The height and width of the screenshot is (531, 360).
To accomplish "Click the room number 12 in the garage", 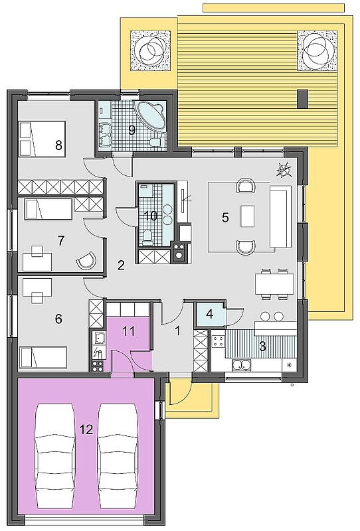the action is pyautogui.click(x=86, y=429).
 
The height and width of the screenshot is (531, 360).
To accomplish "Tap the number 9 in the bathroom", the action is pyautogui.click(x=132, y=129).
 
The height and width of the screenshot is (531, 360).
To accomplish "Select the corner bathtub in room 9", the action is pyautogui.click(x=152, y=115).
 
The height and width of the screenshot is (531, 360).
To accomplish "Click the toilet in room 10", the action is pyautogui.click(x=147, y=237).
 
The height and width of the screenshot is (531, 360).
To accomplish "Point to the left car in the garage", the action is pyautogui.click(x=55, y=455).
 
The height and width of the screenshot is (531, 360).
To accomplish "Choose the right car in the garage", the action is pyautogui.click(x=118, y=455).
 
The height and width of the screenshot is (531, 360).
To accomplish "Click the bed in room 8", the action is pyautogui.click(x=42, y=139).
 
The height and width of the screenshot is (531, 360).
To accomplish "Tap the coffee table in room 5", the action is pyautogui.click(x=248, y=216).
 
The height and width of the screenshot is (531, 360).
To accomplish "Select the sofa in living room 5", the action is pyautogui.click(x=280, y=216).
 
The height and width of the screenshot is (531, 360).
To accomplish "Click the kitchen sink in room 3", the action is pyautogui.click(x=241, y=364).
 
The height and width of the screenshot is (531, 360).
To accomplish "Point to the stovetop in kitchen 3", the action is pyautogui.click(x=219, y=341).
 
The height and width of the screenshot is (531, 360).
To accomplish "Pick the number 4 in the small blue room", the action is pyautogui.click(x=209, y=314).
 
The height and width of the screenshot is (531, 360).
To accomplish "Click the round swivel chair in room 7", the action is pyautogui.click(x=87, y=261).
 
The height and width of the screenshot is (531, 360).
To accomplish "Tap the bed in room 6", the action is pyautogui.click(x=43, y=357).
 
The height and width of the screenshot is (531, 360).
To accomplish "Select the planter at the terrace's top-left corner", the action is pyautogui.click(x=150, y=51).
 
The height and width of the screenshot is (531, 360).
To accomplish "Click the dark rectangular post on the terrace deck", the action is pyautogui.click(x=302, y=99).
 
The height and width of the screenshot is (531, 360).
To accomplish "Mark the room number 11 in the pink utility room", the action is pyautogui.click(x=128, y=331).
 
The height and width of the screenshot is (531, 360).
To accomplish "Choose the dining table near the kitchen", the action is pyautogui.click(x=274, y=284).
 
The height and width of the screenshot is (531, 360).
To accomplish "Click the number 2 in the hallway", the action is pyautogui.click(x=121, y=265).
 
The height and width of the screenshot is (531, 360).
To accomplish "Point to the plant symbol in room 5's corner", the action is pyautogui.click(x=284, y=170).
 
